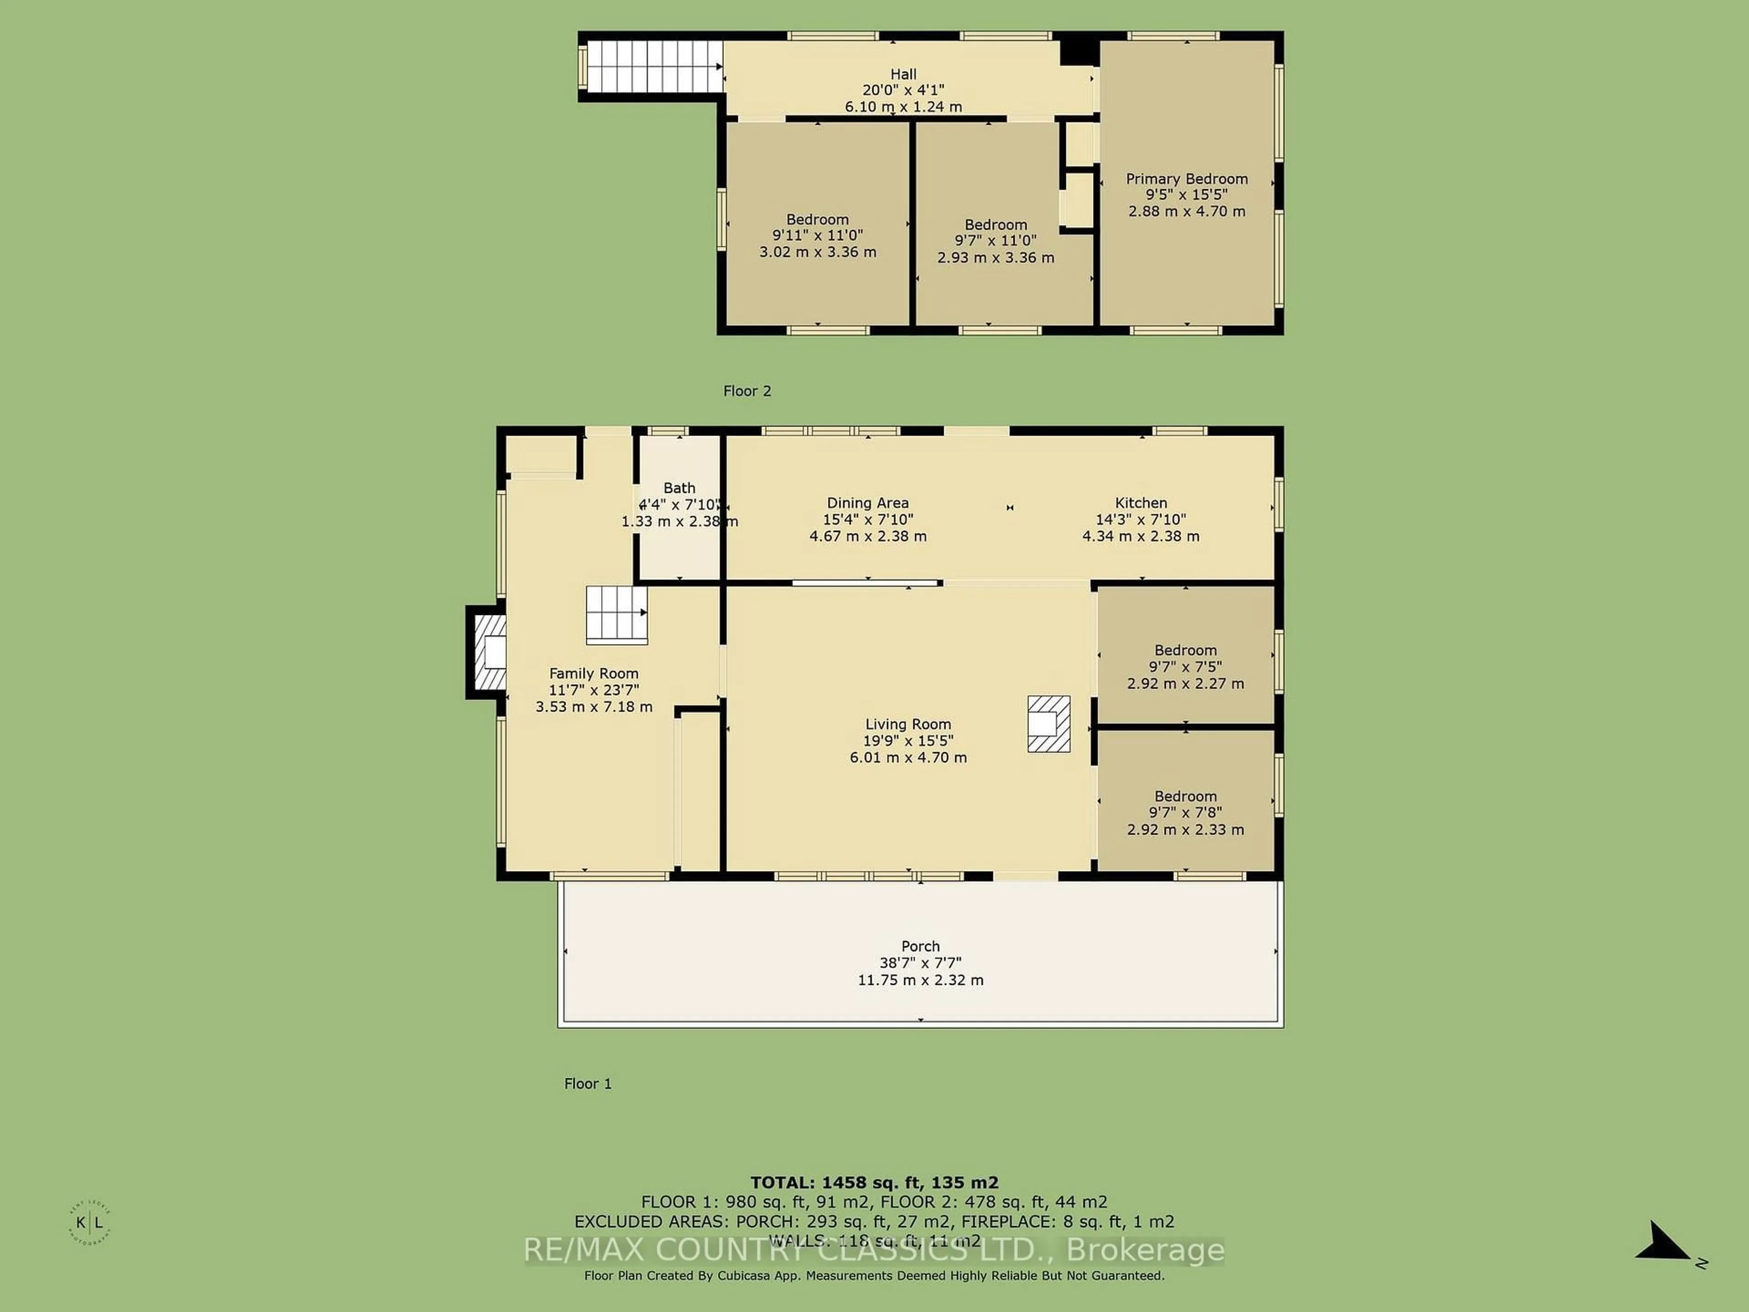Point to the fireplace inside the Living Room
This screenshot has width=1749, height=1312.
point(1048,723)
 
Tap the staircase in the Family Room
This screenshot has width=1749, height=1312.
point(616,615)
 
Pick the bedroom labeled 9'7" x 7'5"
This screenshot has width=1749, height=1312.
point(1185,666)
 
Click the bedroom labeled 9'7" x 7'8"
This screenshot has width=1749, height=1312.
point(1185,812)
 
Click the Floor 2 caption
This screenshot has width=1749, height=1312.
point(747,391)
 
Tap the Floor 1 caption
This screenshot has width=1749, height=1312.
point(588,1083)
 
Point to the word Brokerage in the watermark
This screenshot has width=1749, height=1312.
point(1145,1250)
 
